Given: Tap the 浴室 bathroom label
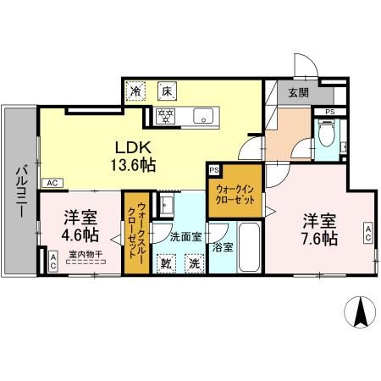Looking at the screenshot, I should [x=224, y=248].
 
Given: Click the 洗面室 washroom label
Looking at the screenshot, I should [x=185, y=236].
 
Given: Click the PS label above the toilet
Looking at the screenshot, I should [x=329, y=111].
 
